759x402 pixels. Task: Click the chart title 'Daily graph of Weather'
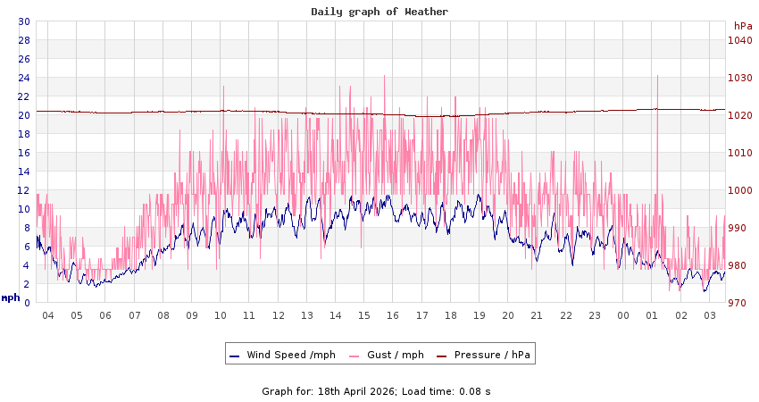pyautogui.click(x=379, y=12)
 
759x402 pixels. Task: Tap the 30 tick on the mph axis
pyautogui.click(x=24, y=21)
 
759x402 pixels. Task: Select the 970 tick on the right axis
pyautogui.click(x=738, y=303)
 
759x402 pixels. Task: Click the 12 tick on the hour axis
pyautogui.click(x=279, y=315)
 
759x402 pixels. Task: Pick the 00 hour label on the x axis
pyautogui.click(x=623, y=315)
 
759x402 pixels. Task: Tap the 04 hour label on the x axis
pyautogui.click(x=48, y=315)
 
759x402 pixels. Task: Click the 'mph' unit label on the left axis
pyautogui.click(x=10, y=297)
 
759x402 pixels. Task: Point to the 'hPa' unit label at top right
pyautogui.click(x=743, y=26)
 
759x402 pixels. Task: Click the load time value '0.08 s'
pyautogui.click(x=473, y=391)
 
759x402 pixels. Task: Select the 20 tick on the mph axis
pyautogui.click(x=24, y=115)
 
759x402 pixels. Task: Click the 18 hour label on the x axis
pyautogui.click(x=451, y=315)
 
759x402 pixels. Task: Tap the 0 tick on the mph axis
pyautogui.click(x=27, y=303)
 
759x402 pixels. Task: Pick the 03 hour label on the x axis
pyautogui.click(x=710, y=315)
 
